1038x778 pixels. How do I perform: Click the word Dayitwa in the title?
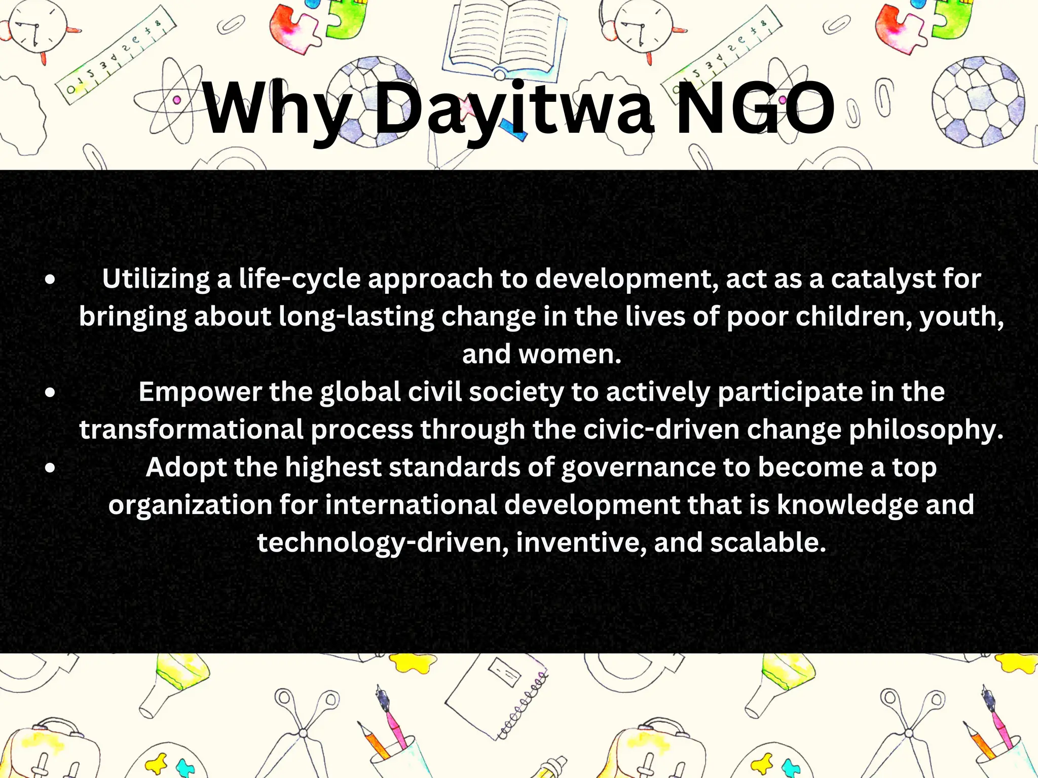(x=515, y=109)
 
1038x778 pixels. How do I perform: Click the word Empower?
(x=200, y=392)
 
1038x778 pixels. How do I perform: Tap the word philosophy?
(x=926, y=430)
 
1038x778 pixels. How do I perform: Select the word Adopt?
(x=186, y=467)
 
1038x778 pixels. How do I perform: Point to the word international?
(x=411, y=505)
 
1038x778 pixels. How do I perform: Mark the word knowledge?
(x=847, y=505)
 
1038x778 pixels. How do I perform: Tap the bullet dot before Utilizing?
(x=50, y=280)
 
